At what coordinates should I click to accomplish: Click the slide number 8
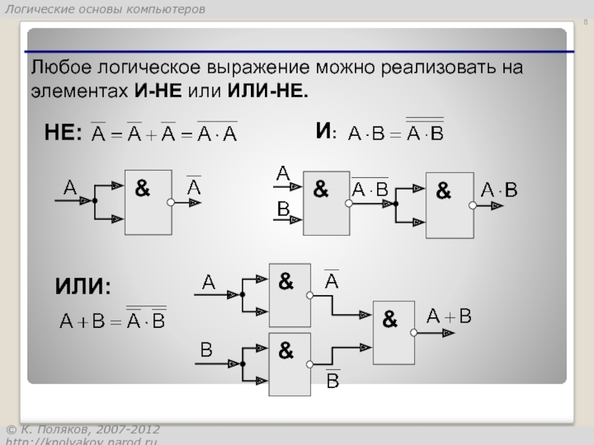(584, 22)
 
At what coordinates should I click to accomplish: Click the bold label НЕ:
(63, 132)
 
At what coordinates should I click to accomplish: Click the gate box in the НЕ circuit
(148, 202)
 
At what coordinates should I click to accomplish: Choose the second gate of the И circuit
(449, 205)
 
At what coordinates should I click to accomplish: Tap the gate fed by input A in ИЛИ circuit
(290, 294)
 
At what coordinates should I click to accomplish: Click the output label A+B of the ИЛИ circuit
(449, 317)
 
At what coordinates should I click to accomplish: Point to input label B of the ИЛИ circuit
(206, 348)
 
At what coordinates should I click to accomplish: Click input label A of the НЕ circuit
(70, 188)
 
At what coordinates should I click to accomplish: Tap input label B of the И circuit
(283, 209)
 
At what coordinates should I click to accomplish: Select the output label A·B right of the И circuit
(499, 190)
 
